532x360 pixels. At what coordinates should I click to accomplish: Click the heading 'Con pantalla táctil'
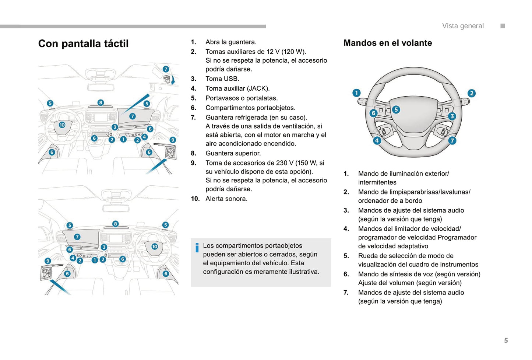83,43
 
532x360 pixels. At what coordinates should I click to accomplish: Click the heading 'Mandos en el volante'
388,43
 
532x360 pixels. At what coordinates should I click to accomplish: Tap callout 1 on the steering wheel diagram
356,93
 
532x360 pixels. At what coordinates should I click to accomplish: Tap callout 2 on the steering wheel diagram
471,93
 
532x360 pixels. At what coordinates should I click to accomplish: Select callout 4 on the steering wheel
377,140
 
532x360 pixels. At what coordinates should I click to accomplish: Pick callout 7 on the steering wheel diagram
452,140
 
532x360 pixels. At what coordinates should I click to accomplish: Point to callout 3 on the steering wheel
452,116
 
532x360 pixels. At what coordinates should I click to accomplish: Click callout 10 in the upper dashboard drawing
62,125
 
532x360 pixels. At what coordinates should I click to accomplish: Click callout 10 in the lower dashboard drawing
155,247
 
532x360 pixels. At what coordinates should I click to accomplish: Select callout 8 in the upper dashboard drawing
101,102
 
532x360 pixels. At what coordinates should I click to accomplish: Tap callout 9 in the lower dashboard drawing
47,261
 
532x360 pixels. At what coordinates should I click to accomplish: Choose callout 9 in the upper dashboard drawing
173,140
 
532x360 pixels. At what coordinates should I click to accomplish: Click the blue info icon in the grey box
197,248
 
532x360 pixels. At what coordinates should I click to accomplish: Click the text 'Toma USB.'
222,78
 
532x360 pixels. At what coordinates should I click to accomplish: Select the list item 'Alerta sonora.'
226,199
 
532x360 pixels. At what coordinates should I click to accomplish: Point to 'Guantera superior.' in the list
233,153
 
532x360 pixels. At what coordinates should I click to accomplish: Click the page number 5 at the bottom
506,340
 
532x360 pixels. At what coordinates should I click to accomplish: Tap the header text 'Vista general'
463,26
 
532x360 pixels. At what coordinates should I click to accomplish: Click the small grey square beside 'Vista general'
503,26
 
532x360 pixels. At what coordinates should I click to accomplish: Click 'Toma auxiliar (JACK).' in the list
237,88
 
